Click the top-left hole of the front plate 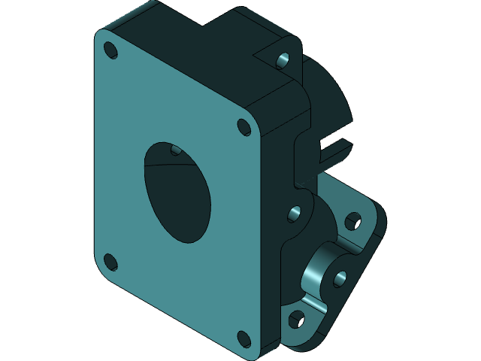pyautogui.click(x=110, y=50)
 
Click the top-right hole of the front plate pyautogui.click(x=244, y=126)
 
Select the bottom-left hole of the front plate pyautogui.click(x=110, y=262)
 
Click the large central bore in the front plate pyautogui.click(x=177, y=191)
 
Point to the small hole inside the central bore pyautogui.click(x=175, y=150)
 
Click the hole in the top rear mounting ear pyautogui.click(x=283, y=60)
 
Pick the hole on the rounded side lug pyautogui.click(x=294, y=214)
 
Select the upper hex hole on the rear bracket pyautogui.click(x=352, y=223)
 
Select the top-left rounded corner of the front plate pyautogui.click(x=101, y=35)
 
